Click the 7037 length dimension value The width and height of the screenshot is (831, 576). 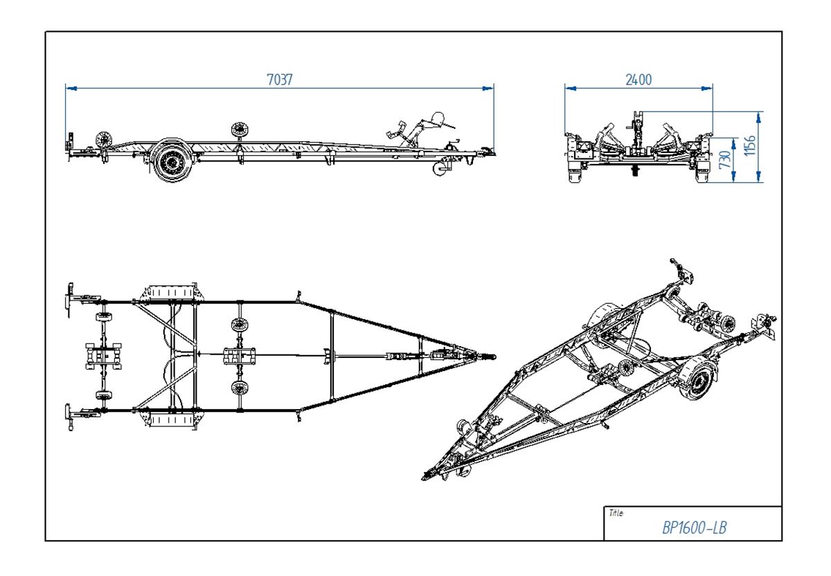(280, 80)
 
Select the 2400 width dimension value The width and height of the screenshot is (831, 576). (638, 80)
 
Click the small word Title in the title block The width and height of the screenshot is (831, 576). (615, 513)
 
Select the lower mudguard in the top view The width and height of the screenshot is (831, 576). (168, 420)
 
